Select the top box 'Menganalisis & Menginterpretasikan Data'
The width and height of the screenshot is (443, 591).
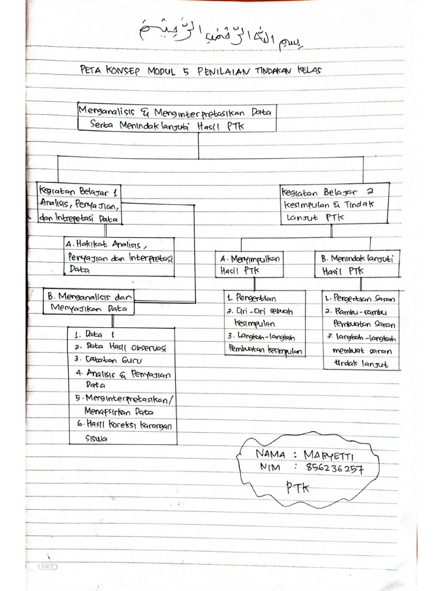[177, 117]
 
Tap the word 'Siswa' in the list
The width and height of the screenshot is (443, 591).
[96, 438]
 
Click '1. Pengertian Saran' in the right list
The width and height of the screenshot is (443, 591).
[359, 299]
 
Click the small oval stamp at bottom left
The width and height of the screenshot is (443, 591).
[46, 567]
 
